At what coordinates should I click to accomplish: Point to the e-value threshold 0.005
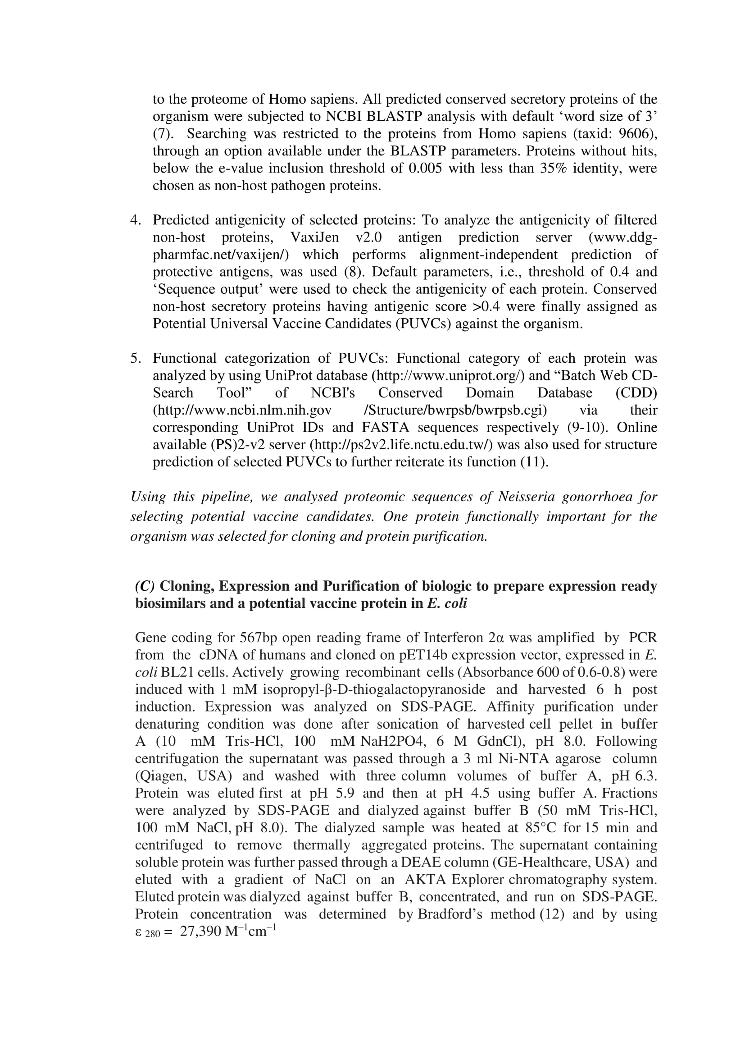[x=425, y=168]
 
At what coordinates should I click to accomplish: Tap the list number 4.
[x=135, y=220]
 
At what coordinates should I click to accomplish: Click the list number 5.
[x=135, y=358]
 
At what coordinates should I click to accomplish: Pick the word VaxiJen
[x=315, y=237]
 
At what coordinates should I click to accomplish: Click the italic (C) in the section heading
[x=145, y=586]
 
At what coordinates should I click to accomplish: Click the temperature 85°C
[x=539, y=828]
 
